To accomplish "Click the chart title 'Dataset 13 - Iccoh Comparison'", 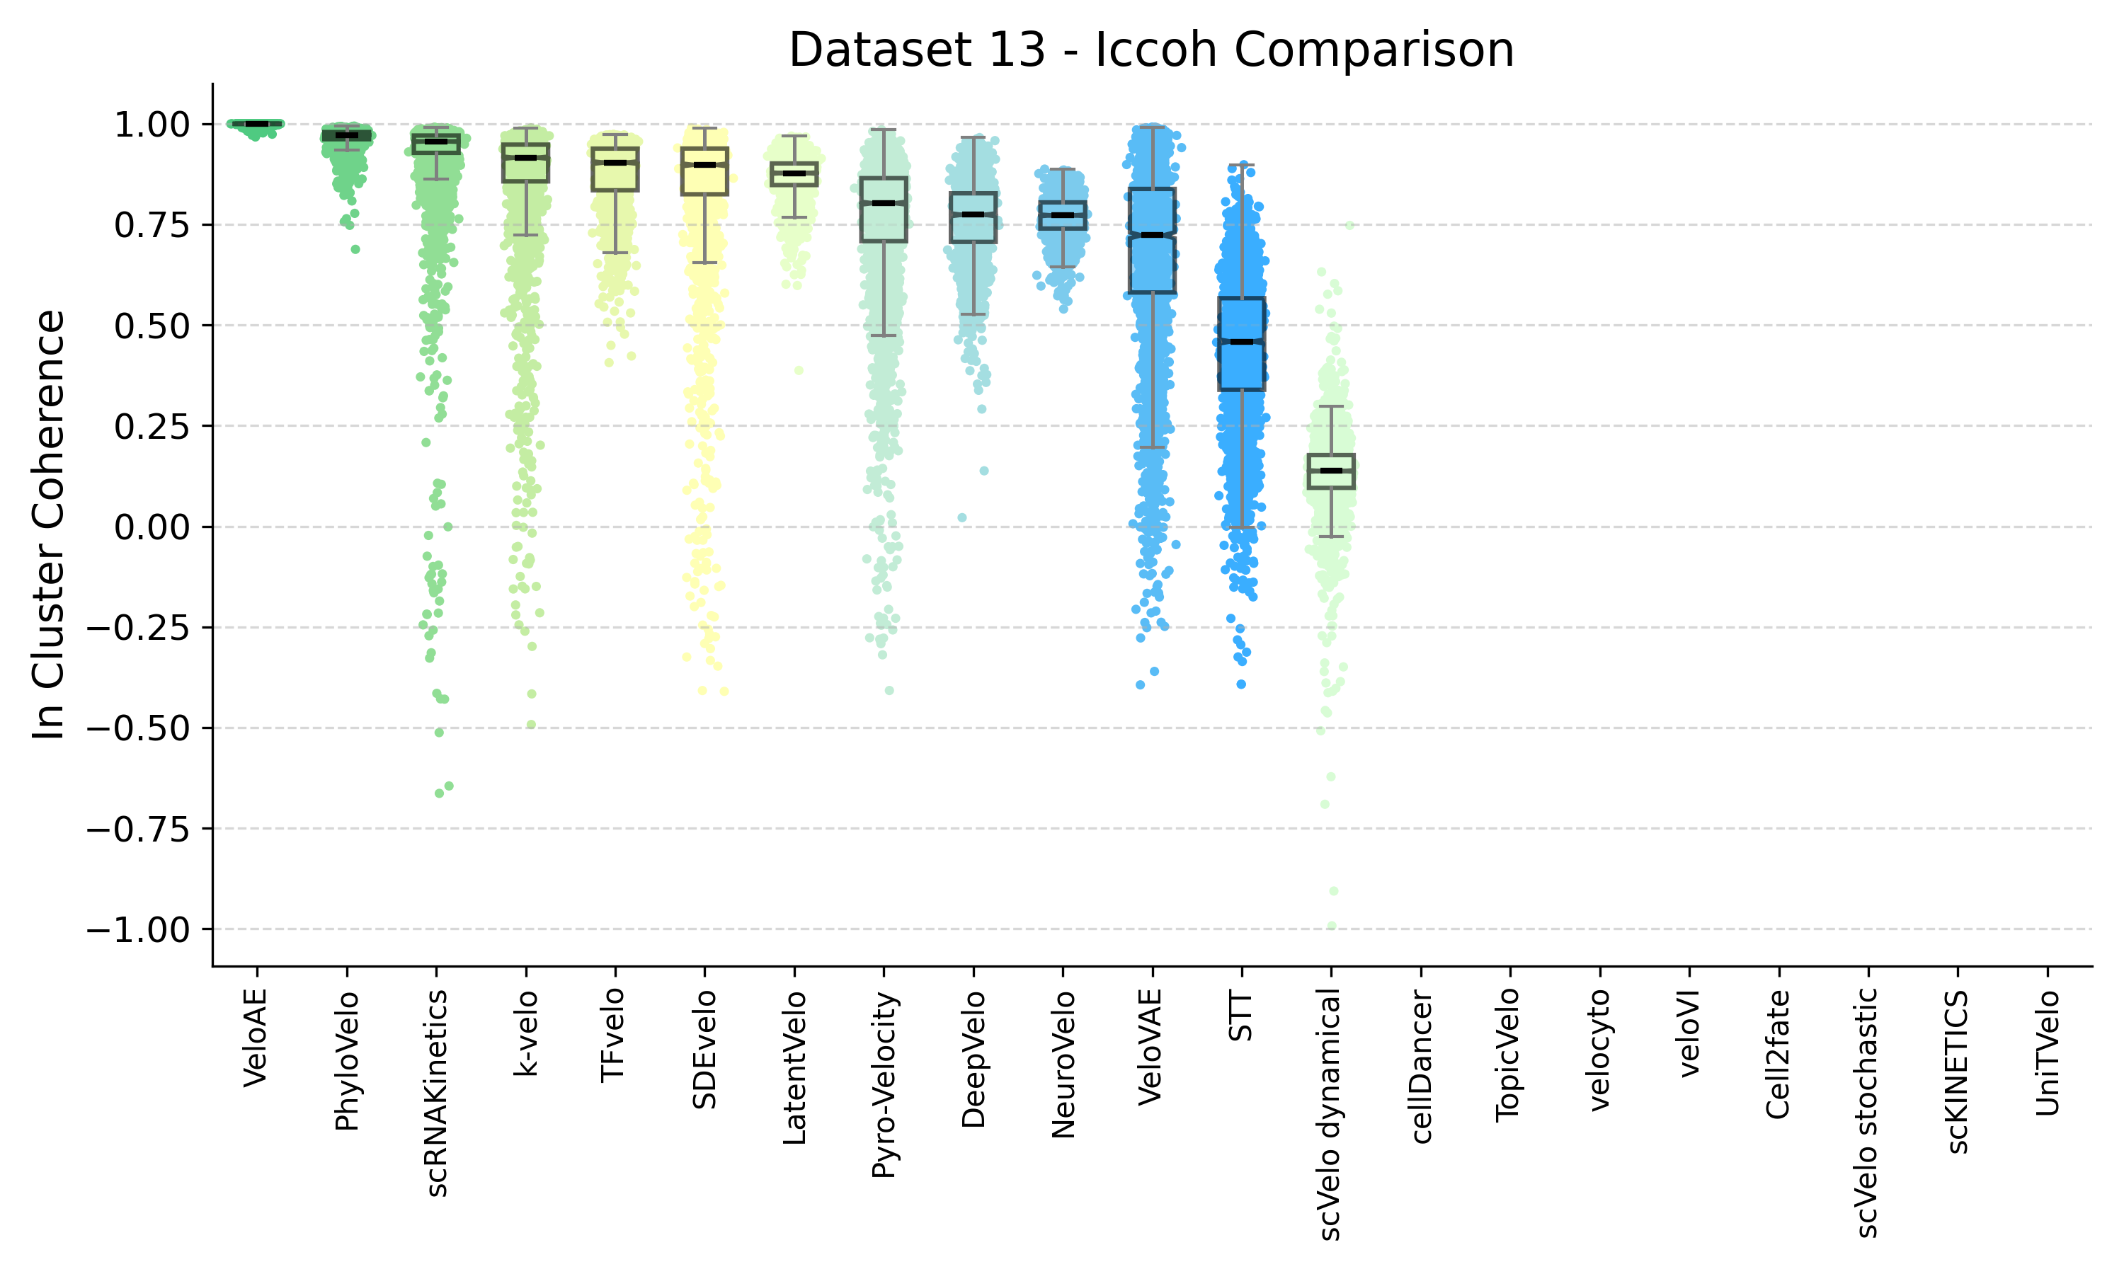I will click(1150, 50).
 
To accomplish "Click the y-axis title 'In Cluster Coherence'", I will click(49, 524).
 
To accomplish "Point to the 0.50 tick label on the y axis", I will click(151, 326).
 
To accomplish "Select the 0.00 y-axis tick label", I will click(151, 527).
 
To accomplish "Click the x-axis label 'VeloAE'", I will click(256, 1039).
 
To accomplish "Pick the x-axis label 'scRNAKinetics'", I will click(436, 1093).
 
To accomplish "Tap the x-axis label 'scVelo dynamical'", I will click(1330, 1114).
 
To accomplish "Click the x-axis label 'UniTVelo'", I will click(2048, 1052).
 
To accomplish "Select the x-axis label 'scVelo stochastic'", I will click(1867, 1113).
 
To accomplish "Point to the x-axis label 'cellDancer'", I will click(1421, 1066).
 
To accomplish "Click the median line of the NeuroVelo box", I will click(1063, 214).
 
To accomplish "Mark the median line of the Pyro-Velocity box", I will click(884, 202).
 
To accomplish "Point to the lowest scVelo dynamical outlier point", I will click(1332, 926).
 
